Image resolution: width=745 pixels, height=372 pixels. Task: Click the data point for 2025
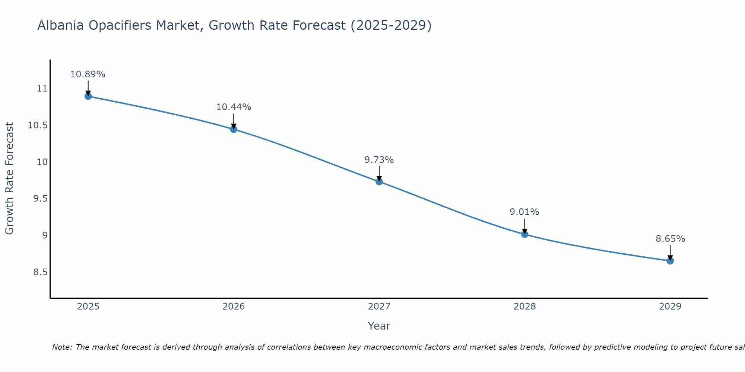[x=88, y=96]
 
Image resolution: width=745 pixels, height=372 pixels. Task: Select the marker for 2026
[x=234, y=129]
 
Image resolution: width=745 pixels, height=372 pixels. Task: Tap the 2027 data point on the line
[x=379, y=182]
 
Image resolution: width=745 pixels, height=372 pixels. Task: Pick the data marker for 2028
[x=524, y=234]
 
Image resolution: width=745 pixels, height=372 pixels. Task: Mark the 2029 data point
[x=670, y=261]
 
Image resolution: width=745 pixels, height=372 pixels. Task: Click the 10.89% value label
[x=88, y=74]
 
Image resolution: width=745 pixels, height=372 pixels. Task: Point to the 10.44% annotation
[x=234, y=107]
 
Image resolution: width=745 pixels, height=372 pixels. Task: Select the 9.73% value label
[x=379, y=160]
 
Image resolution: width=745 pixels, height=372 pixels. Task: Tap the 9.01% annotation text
[x=524, y=212]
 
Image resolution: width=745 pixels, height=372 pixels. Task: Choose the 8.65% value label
[x=670, y=239]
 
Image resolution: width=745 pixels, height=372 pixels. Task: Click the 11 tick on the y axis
[x=42, y=89]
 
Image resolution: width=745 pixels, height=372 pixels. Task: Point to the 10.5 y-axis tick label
[x=38, y=125]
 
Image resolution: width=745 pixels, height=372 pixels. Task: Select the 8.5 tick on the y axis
[x=40, y=272]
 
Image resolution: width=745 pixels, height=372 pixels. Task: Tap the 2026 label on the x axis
[x=234, y=307]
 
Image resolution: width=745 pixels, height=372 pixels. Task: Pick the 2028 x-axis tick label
[x=524, y=307]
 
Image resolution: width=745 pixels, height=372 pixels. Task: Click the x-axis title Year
[x=379, y=326]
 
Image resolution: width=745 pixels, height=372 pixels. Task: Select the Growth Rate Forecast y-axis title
[x=9, y=179]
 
